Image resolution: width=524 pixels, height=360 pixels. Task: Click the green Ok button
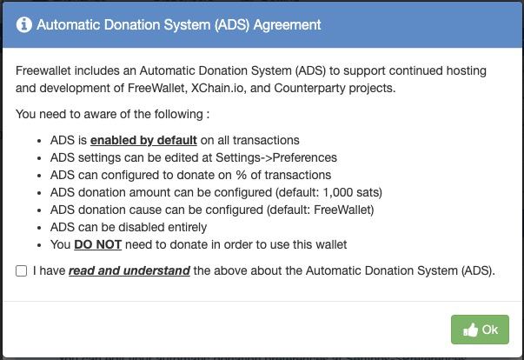coord(480,330)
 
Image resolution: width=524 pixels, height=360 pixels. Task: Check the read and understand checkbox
coord(22,270)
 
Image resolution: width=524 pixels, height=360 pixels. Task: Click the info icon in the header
coord(24,24)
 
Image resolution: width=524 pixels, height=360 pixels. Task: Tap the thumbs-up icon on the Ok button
coord(470,330)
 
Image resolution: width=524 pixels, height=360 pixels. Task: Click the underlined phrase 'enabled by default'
coord(143,140)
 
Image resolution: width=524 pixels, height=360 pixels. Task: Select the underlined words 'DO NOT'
coord(97,244)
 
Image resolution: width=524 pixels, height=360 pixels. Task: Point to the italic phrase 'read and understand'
coord(129,270)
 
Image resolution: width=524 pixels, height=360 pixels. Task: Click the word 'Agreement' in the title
coord(288,25)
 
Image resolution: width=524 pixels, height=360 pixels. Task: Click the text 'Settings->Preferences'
coord(276,157)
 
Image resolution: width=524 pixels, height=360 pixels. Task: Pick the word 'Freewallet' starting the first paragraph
coord(43,70)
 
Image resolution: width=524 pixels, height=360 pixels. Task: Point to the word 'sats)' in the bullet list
coord(369,192)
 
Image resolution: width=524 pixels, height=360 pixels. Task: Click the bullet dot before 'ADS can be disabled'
coord(39,228)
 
